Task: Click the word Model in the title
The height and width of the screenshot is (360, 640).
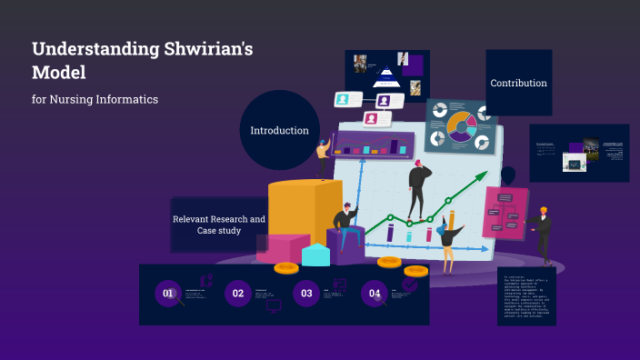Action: tap(55, 72)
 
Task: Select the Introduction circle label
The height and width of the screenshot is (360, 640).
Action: tap(279, 130)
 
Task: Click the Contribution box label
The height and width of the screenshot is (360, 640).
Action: tap(518, 83)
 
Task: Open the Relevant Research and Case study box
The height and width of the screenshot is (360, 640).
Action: tap(218, 225)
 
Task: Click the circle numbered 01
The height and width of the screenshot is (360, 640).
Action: tap(168, 294)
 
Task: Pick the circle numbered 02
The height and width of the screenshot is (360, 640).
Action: tap(238, 294)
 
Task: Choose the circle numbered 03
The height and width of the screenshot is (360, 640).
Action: tap(306, 294)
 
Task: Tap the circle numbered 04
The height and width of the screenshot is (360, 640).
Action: tap(375, 294)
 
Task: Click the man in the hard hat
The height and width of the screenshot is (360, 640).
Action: tap(543, 232)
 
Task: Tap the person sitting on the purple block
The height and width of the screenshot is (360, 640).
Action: tap(345, 223)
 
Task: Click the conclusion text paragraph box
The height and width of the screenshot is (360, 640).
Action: tap(526, 295)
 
